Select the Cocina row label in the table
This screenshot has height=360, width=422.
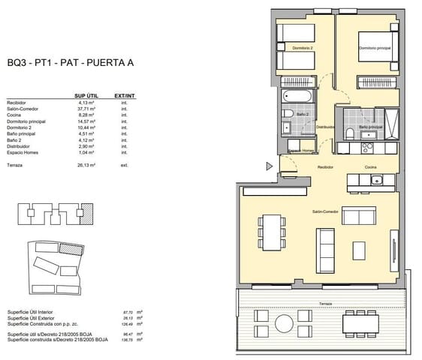pos(14,114)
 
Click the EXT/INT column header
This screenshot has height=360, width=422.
pos(124,96)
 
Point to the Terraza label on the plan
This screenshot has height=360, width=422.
pos(324,303)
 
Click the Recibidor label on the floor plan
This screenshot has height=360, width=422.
pos(325,166)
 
